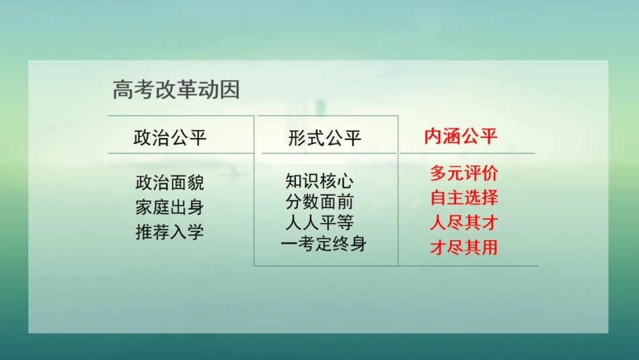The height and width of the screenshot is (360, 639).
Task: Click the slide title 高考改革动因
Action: point(176,91)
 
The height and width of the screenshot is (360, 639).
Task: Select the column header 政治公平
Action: point(170,138)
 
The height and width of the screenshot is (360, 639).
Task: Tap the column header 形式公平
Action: point(325,138)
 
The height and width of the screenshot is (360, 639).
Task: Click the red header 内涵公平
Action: point(461,137)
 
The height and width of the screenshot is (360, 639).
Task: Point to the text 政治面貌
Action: point(170,182)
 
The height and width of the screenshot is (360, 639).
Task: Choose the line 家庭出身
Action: point(170,207)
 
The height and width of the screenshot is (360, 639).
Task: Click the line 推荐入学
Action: point(170,232)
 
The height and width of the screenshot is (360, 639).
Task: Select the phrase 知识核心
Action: point(319,182)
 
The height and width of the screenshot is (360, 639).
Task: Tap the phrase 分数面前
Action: point(319,202)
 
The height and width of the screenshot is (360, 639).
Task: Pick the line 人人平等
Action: point(319,223)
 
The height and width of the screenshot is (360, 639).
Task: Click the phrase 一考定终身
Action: point(324,244)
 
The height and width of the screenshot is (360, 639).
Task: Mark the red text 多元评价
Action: point(464,174)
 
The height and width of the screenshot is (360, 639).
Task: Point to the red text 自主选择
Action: point(464,199)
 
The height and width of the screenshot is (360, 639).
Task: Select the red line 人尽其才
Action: point(464,223)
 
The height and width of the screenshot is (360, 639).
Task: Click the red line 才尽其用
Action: point(464,248)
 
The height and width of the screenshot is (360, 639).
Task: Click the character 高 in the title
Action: point(123,91)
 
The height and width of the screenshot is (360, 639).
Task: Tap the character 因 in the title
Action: point(229,91)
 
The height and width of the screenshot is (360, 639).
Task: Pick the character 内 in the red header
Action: point(433,137)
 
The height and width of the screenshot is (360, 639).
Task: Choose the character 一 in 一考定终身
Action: point(290,244)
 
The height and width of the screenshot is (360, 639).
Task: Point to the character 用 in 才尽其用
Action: point(490,248)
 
